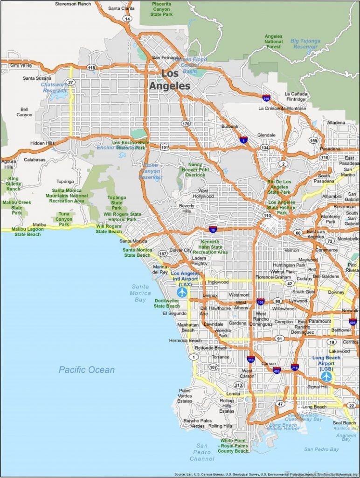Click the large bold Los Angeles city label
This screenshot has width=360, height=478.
pos(170,80)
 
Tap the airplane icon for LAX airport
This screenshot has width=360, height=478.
pos(182,293)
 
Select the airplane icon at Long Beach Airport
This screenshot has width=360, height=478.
pos(326,376)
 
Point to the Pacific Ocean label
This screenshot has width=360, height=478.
pos(86,370)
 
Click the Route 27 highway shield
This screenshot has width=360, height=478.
pos(70,82)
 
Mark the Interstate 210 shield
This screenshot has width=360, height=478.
pos(266,98)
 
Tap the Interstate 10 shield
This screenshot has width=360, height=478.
pos(213,229)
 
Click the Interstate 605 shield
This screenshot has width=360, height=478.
pos(353,322)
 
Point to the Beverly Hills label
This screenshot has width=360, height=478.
pos(187,208)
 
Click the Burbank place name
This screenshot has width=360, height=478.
pos(229,127)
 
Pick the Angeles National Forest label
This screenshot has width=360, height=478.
pos(274,42)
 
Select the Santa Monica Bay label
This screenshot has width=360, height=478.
pos(140,293)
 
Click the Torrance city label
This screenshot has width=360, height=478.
pos(221,357)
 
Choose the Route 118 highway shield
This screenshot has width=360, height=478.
pos(91,68)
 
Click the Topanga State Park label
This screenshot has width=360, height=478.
pos(117,203)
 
